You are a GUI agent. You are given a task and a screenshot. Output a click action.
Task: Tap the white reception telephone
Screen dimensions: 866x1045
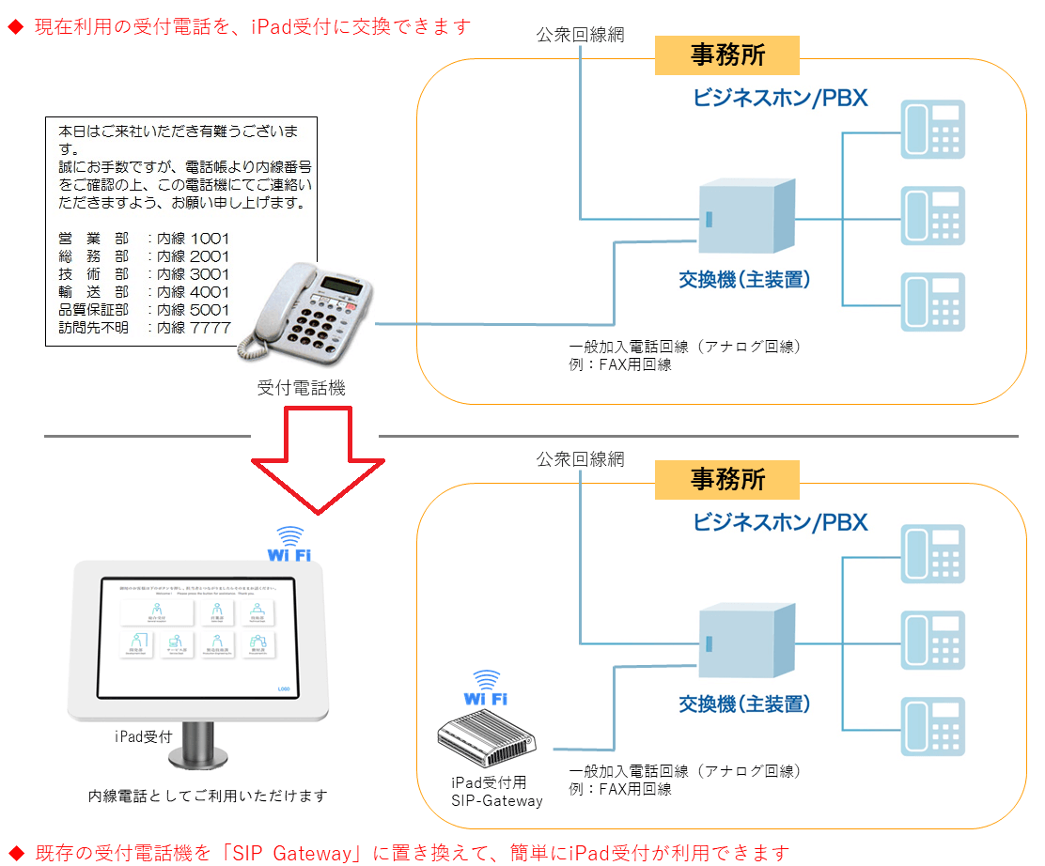click(310, 309)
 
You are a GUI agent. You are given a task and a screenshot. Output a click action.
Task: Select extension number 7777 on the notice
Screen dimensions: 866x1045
click(209, 327)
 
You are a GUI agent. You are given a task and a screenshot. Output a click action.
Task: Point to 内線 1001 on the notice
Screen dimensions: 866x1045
click(193, 238)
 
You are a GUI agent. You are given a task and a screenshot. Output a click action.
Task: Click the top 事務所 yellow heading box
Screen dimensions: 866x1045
click(726, 55)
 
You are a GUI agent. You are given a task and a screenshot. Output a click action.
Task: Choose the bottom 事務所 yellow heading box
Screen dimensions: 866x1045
click(726, 479)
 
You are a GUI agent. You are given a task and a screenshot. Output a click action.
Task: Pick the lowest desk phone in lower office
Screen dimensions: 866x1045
click(932, 726)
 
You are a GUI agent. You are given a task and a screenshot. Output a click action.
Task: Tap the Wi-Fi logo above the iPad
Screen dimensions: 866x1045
click(289, 545)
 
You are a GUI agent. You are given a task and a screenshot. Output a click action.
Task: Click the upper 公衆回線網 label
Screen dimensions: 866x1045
click(580, 35)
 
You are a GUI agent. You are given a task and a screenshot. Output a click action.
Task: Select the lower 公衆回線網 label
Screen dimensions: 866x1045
click(580, 459)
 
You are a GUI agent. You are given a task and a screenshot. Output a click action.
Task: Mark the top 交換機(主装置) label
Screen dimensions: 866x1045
click(743, 279)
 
